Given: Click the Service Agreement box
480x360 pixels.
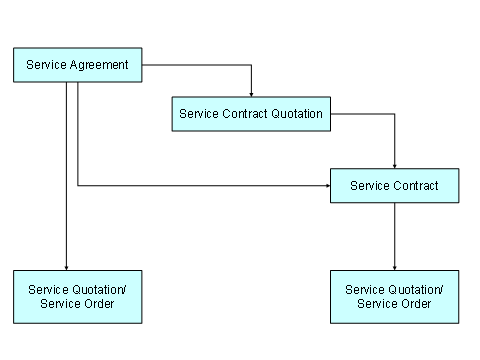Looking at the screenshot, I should click(78, 66).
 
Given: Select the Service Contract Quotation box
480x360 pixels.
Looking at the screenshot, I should click(251, 113).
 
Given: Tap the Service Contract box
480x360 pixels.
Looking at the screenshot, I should click(394, 185).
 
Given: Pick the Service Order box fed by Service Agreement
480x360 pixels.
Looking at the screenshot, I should click(78, 296).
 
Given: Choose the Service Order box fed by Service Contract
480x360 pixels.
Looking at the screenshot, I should click(394, 296).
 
